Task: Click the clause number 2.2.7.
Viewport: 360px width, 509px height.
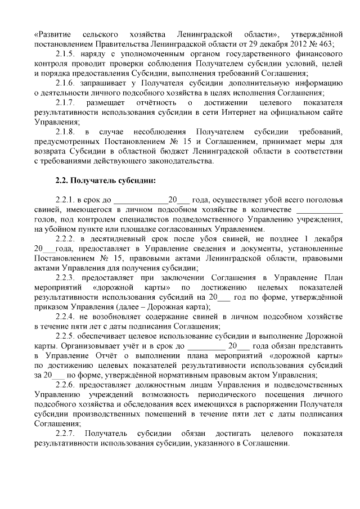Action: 67,433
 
